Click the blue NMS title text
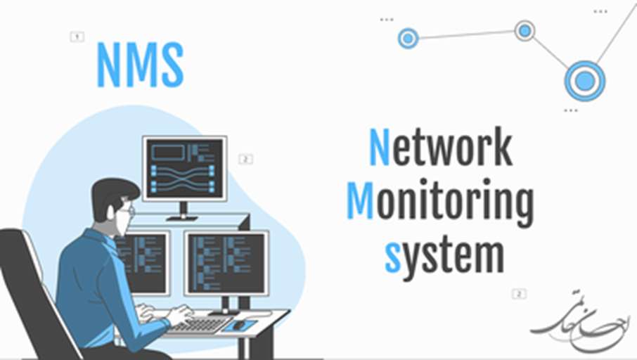pyautogui.click(x=140, y=65)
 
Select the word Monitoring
pyautogui.click(x=440, y=202)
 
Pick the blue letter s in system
pyautogui.click(x=392, y=257)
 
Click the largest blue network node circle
pyautogui.click(x=584, y=80)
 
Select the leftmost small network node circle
pyautogui.click(x=408, y=38)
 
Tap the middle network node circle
pyautogui.click(x=525, y=30)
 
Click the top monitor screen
pyautogui.click(x=184, y=168)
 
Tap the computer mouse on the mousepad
pyautogui.click(x=239, y=324)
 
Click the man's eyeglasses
pyautogui.click(x=127, y=210)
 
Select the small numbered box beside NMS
pyautogui.click(x=77, y=37)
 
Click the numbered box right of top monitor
pyautogui.click(x=245, y=160)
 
